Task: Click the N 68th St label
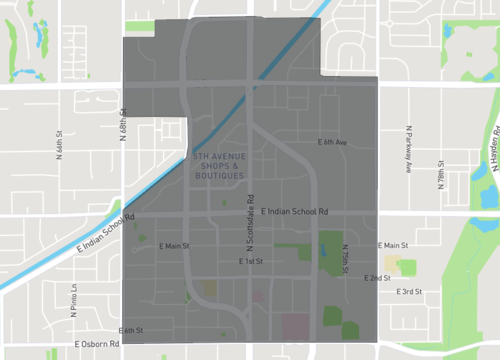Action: (124, 125)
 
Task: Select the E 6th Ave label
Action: (332, 143)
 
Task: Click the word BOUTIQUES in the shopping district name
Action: (220, 176)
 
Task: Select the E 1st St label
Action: (251, 261)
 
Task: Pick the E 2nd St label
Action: (377, 277)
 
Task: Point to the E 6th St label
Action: (131, 330)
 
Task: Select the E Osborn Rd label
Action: (97, 345)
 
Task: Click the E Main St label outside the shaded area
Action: (392, 245)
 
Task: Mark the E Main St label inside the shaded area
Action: (174, 245)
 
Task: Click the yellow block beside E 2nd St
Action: (406, 266)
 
